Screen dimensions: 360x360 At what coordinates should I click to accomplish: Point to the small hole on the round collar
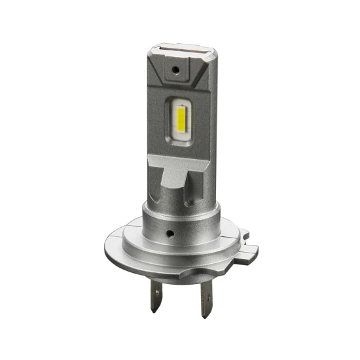170,232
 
